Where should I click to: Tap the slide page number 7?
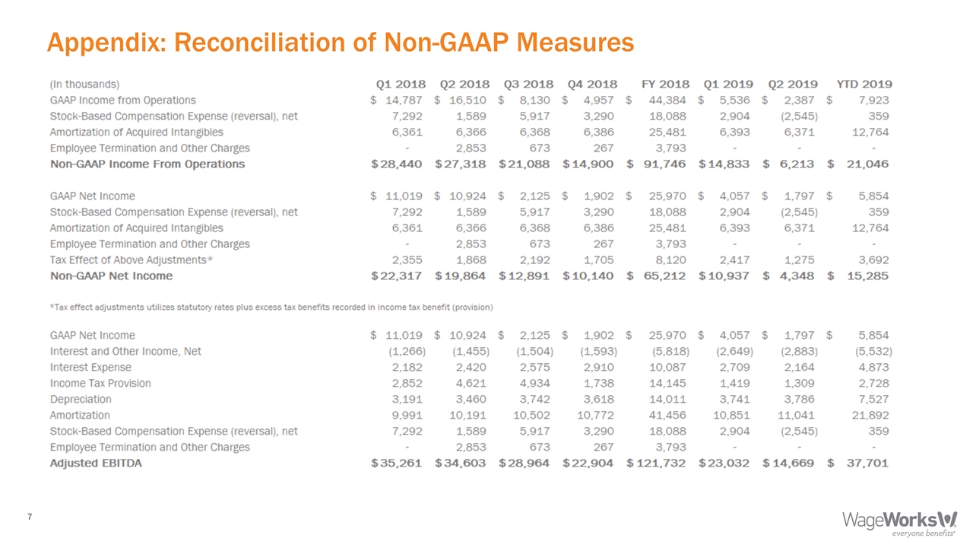29,518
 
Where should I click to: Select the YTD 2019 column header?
864,84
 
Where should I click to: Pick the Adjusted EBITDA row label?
96,463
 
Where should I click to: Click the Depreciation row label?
81,399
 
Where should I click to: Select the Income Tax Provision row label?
100,383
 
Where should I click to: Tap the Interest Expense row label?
90,367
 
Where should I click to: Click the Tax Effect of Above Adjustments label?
131,260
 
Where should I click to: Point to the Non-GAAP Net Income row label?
111,276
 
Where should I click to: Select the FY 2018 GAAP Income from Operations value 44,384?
668,100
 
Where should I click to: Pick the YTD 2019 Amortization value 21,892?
869,415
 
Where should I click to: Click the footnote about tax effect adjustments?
271,307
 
